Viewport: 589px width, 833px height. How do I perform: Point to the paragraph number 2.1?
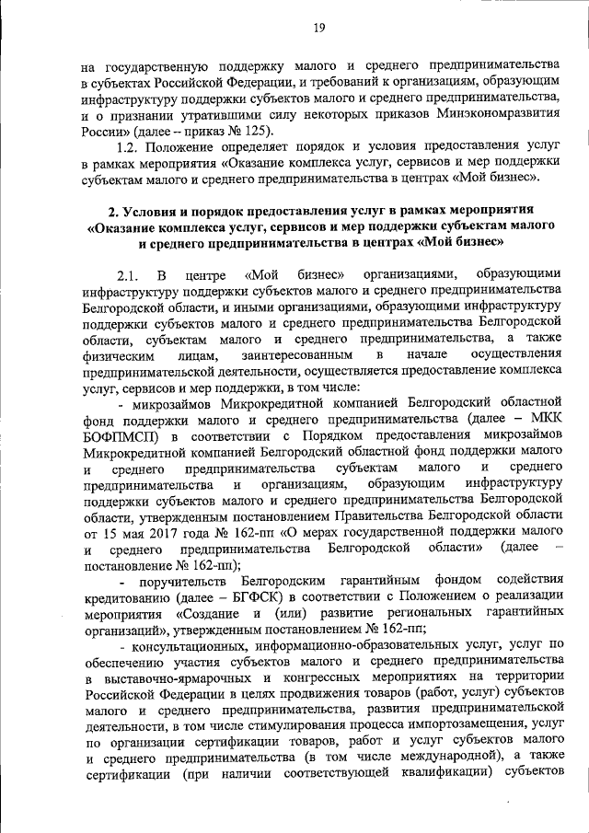127,273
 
